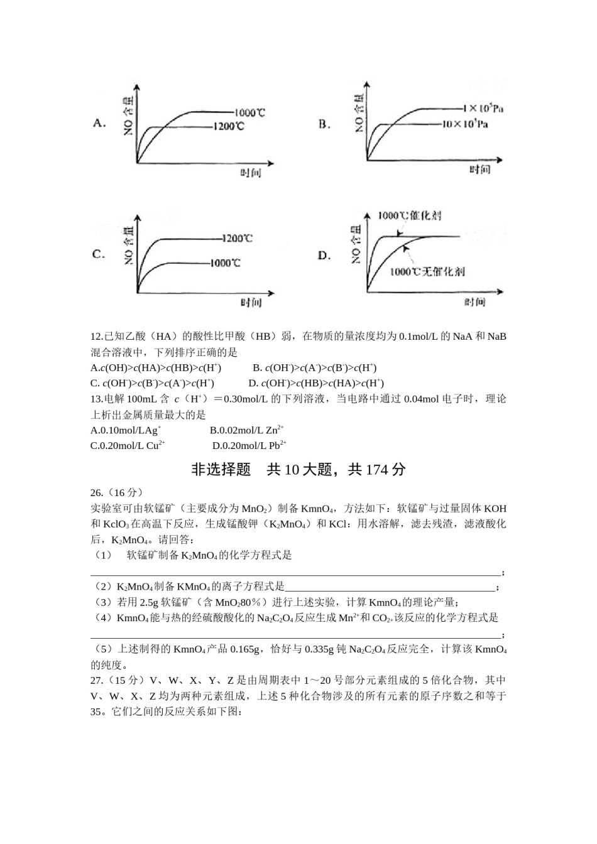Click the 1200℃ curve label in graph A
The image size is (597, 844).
[228, 127]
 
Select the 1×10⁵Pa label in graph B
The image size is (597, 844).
[483, 109]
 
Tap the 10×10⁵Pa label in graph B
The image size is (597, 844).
[465, 124]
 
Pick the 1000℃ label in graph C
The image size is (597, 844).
[225, 263]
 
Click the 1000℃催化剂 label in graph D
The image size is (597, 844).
[409, 215]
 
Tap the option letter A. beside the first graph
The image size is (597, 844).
[99, 123]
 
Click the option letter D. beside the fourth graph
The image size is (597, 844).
[324, 256]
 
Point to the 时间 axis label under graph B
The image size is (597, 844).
[479, 170]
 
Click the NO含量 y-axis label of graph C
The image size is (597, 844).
[128, 243]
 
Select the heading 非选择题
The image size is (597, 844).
[221, 470]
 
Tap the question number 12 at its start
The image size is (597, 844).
[96, 337]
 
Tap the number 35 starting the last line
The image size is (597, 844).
[96, 712]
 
